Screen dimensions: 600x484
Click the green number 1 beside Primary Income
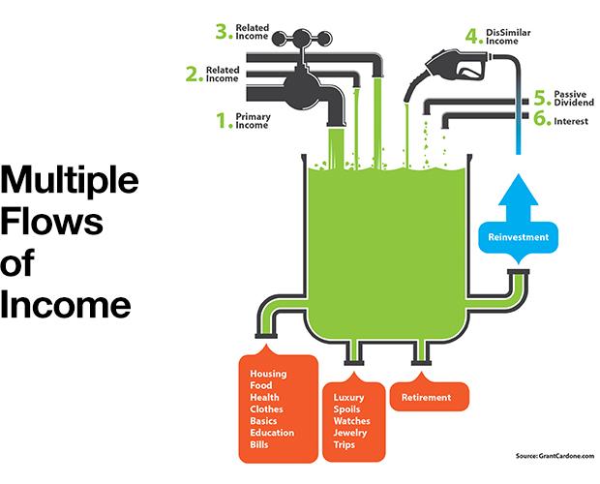pyautogui.click(x=222, y=121)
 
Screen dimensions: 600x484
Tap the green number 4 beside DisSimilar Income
pyautogui.click(x=472, y=37)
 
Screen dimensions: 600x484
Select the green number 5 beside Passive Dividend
pyautogui.click(x=540, y=98)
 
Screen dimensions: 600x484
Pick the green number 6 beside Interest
pyautogui.click(x=540, y=118)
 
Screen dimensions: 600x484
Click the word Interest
pyautogui.click(x=571, y=121)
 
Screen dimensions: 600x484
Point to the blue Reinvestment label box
pyautogui.click(x=519, y=237)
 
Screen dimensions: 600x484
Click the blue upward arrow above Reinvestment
pyautogui.click(x=519, y=197)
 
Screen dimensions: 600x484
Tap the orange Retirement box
pyautogui.click(x=430, y=397)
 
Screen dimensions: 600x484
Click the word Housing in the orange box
pyautogui.click(x=268, y=374)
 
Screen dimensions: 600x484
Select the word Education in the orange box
pyautogui.click(x=272, y=433)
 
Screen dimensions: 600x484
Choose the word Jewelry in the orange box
pyautogui.click(x=350, y=433)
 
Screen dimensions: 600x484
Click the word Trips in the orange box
pyautogui.click(x=344, y=444)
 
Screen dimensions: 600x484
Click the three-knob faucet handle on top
pyautogui.click(x=302, y=38)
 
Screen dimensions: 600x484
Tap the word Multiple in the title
pyautogui.click(x=70, y=182)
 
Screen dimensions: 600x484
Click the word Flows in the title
pyautogui.click(x=52, y=221)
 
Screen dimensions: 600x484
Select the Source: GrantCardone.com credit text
pyautogui.click(x=555, y=456)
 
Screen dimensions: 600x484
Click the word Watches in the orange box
pyautogui.click(x=351, y=421)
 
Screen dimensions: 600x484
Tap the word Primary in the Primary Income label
pyautogui.click(x=253, y=117)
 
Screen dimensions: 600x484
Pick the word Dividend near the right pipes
pyautogui.click(x=574, y=103)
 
